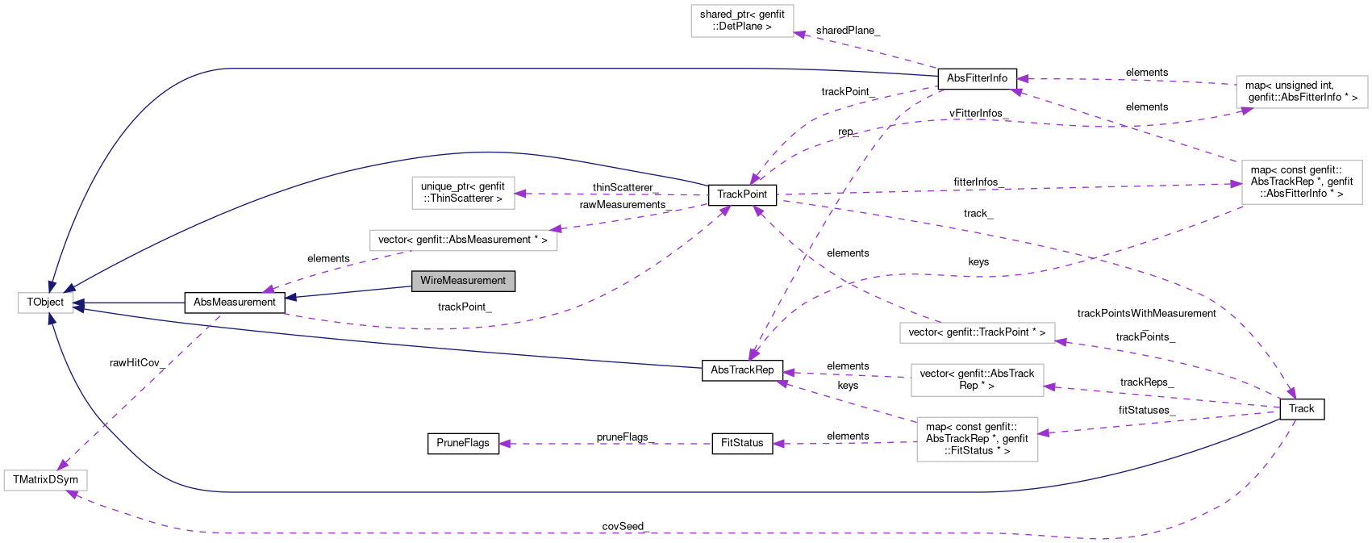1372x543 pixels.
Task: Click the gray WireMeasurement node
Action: click(x=463, y=281)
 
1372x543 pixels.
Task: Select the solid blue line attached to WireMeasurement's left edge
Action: click(x=355, y=291)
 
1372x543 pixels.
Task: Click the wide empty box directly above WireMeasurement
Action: click(x=463, y=240)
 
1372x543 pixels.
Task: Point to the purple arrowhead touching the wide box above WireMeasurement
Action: click(x=553, y=228)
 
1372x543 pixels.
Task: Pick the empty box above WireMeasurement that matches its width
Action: click(x=463, y=193)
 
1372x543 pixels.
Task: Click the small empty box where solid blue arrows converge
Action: click(x=46, y=303)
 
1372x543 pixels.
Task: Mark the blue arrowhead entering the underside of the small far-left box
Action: click(x=51, y=320)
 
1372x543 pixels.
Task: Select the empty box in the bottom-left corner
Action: click(x=45, y=481)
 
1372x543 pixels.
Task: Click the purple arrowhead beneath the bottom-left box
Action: click(x=72, y=493)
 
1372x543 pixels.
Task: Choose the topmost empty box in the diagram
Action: click(x=742, y=21)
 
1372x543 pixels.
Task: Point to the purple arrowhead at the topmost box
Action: click(x=799, y=34)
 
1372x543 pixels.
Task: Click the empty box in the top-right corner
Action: click(x=1301, y=92)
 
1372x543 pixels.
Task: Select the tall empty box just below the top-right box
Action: click(x=1301, y=182)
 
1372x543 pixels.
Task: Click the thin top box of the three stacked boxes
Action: click(x=977, y=332)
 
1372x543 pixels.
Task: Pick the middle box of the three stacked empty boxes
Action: click(x=977, y=380)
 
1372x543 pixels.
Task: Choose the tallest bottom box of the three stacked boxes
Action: click(x=977, y=439)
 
